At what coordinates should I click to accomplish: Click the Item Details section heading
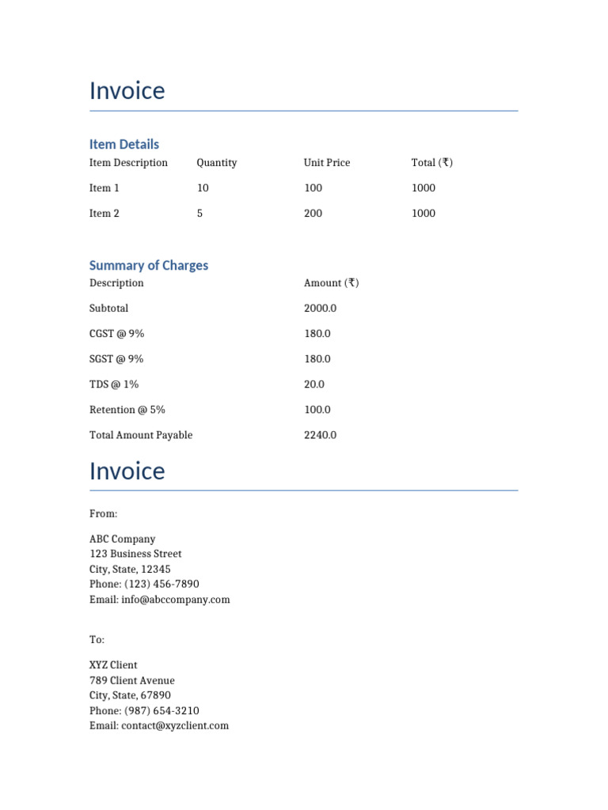(123, 144)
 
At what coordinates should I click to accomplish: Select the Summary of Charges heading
(149, 265)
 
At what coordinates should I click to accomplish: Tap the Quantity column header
(216, 163)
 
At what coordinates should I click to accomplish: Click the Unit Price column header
(326, 163)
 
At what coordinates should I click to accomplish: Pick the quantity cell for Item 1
(203, 188)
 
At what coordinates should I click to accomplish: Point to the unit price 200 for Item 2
(313, 214)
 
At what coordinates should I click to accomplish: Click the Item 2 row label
(104, 214)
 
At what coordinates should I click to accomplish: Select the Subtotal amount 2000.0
(320, 308)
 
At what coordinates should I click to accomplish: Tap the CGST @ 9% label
(116, 334)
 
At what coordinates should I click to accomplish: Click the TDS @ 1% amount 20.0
(314, 384)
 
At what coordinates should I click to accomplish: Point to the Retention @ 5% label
(127, 410)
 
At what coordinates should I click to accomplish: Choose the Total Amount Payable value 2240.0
(320, 435)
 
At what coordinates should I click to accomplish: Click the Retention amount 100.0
(317, 410)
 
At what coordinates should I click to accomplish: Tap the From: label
(103, 514)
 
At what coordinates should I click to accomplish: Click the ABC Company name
(122, 539)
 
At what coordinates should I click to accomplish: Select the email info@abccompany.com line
(159, 600)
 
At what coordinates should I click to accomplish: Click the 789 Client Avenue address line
(131, 680)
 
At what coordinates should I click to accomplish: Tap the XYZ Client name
(113, 665)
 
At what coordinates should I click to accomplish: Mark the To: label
(97, 639)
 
